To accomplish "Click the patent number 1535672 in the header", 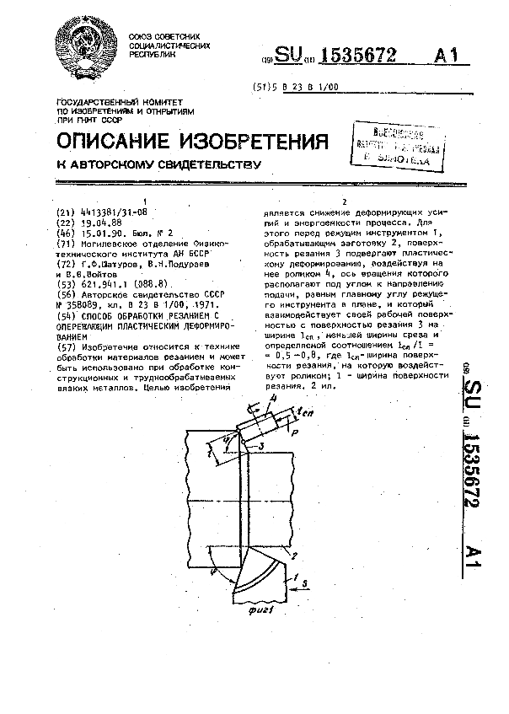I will click(x=350, y=56).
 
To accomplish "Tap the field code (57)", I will click(x=65, y=347).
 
